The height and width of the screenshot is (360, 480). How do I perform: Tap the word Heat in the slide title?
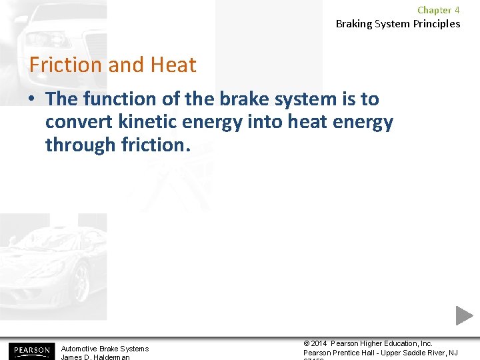pos(173,65)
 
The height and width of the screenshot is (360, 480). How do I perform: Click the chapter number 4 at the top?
pos(457,10)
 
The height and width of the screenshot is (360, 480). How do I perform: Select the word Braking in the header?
pos(354,24)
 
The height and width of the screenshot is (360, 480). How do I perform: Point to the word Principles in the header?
pos(435,24)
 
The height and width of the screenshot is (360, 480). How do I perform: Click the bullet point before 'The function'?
pos(33,99)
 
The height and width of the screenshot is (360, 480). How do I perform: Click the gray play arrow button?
pos(464,315)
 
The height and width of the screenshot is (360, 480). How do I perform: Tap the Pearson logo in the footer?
pos(30,351)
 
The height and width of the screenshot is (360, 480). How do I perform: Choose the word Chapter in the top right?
pos(434,10)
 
